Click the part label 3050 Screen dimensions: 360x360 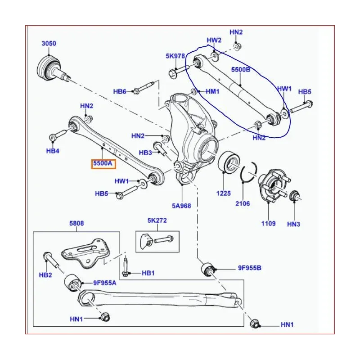pyautogui.click(x=49, y=44)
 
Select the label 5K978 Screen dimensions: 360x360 pyautogui.click(x=175, y=56)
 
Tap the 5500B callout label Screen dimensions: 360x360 pyautogui.click(x=241, y=71)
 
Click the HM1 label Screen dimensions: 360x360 pyautogui.click(x=212, y=91)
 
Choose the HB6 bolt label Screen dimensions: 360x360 pyautogui.click(x=120, y=92)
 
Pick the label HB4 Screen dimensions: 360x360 pyautogui.click(x=53, y=151)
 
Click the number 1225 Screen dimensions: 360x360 pyautogui.click(x=223, y=193)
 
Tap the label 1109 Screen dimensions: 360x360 pyautogui.click(x=268, y=223)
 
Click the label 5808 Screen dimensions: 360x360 pyautogui.click(x=76, y=223)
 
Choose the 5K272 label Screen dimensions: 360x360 pyautogui.click(x=157, y=221)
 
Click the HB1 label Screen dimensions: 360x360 pyautogui.click(x=148, y=273)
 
